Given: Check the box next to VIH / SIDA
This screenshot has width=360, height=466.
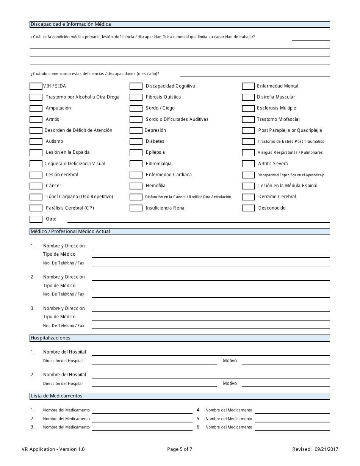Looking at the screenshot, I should click(36, 86).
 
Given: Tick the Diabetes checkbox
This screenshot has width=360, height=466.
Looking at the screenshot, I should click(136, 142).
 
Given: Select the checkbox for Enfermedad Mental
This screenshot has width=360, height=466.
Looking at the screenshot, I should click(248, 86).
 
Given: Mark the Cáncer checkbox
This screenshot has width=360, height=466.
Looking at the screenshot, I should click(36, 186).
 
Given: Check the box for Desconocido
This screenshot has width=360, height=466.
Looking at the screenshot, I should click(248, 208).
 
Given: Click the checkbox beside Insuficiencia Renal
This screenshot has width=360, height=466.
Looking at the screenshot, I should click(136, 208).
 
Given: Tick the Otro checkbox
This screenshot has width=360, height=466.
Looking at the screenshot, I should click(36, 219).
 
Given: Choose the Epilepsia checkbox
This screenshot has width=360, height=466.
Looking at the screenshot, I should click(136, 153).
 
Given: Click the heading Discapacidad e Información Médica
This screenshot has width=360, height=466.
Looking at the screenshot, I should click(70, 24).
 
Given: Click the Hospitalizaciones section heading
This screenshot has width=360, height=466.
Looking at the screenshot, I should click(50, 338).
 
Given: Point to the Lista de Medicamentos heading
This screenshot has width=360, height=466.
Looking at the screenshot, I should click(56, 396).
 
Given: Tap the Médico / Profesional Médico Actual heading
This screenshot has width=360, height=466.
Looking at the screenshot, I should click(70, 231).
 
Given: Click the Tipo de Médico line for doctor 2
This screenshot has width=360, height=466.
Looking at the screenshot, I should click(210, 286).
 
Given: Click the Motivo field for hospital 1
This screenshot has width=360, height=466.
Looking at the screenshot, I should click(285, 361).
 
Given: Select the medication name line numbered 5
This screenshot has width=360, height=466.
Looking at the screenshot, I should click(292, 419).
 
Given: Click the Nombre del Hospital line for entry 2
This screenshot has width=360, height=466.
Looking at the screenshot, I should click(210, 375).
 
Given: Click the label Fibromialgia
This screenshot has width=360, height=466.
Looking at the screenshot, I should click(158, 164).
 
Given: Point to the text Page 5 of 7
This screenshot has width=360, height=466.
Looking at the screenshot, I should click(180, 449).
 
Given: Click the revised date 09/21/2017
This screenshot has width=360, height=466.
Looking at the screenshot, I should click(326, 449).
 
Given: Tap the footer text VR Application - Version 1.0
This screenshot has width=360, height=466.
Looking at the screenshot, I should click(53, 449).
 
